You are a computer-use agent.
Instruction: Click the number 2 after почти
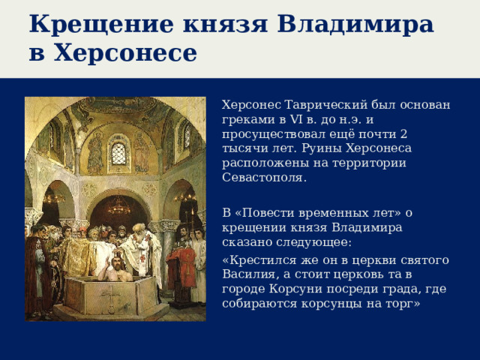(x=403, y=134)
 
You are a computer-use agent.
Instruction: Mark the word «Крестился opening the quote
(x=259, y=260)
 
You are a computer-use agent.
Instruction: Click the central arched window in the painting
(x=118, y=154)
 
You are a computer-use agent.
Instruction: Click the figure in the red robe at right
(x=181, y=262)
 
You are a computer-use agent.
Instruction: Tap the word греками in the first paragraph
(x=247, y=120)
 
